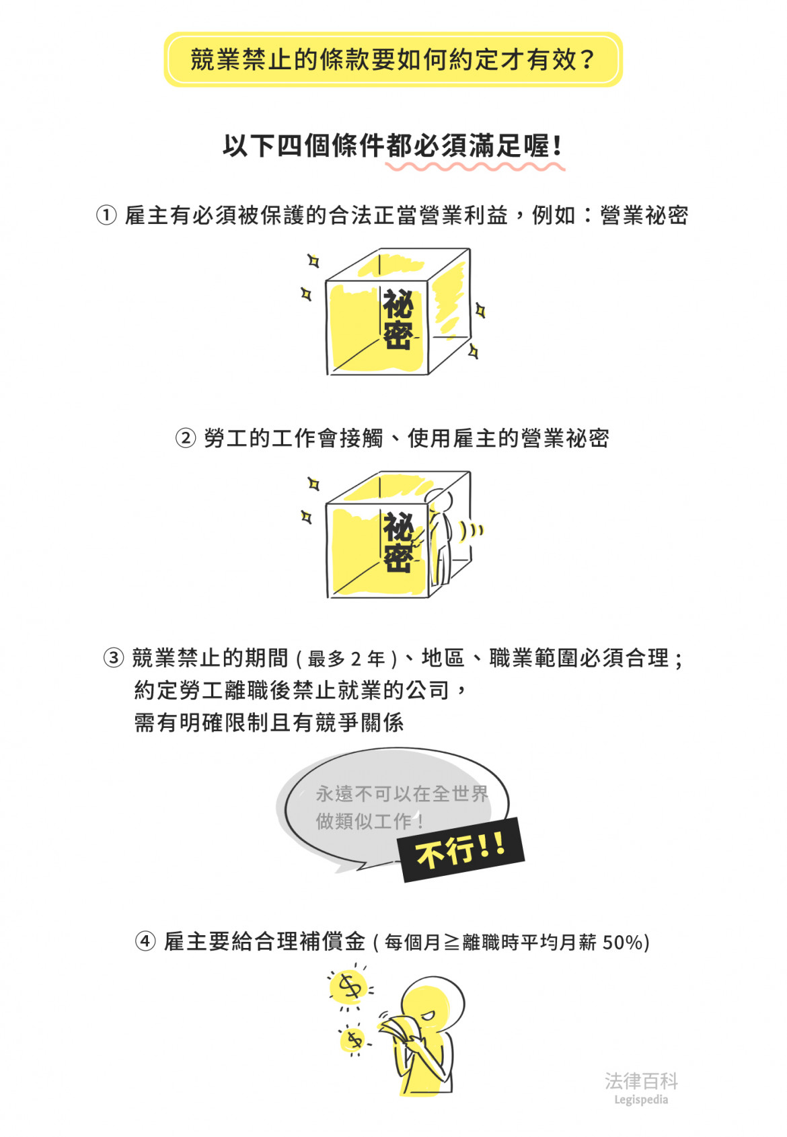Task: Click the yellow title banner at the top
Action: [x=393, y=59]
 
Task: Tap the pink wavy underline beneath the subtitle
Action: [x=474, y=166]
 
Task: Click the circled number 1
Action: [x=106, y=215]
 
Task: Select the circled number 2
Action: [x=186, y=437]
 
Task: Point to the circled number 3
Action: [x=114, y=658]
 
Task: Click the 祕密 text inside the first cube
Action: [x=398, y=320]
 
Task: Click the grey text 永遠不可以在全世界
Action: [x=402, y=793]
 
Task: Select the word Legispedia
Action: [x=641, y=1100]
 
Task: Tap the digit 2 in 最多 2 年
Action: [x=357, y=659]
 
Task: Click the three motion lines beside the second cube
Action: [x=472, y=530]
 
